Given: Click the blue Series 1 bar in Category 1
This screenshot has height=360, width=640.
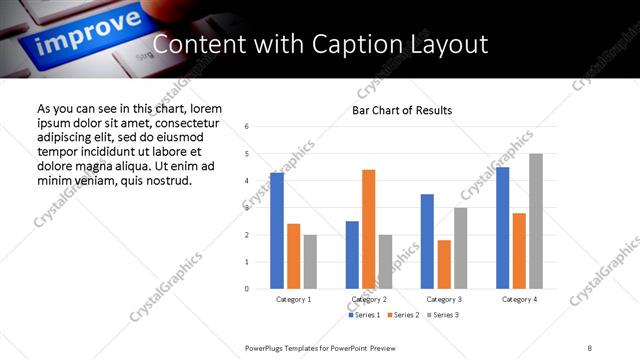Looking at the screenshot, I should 277,231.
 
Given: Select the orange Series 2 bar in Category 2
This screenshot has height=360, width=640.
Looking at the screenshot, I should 368,229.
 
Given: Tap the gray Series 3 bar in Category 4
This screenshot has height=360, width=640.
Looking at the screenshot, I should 536,221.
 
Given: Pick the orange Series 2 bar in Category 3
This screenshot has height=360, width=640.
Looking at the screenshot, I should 443,264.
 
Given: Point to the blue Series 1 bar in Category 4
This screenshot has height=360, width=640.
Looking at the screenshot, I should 502,228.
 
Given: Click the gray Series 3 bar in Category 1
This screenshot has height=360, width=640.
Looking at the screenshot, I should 310,262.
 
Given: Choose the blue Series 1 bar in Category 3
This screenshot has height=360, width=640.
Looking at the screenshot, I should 427,241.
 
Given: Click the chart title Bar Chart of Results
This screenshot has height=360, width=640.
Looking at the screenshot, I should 402,110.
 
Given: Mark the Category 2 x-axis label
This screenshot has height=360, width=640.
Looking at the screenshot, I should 369,299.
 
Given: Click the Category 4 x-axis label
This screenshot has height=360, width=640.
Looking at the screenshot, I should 519,299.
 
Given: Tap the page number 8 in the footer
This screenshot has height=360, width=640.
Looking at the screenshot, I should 589,347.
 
